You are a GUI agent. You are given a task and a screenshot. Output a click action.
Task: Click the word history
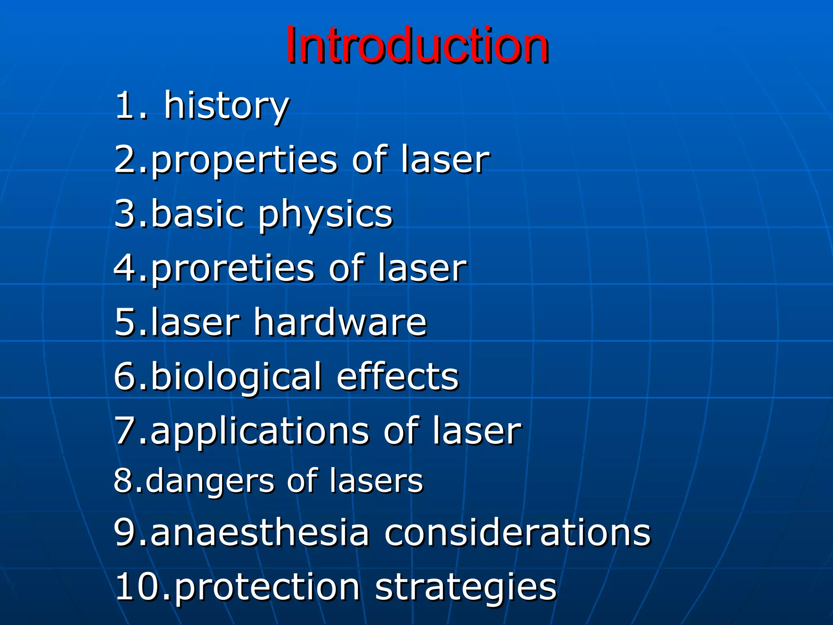tap(226, 107)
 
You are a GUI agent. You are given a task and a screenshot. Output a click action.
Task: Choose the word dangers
tap(210, 482)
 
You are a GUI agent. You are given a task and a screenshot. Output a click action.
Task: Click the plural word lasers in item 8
tap(376, 481)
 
